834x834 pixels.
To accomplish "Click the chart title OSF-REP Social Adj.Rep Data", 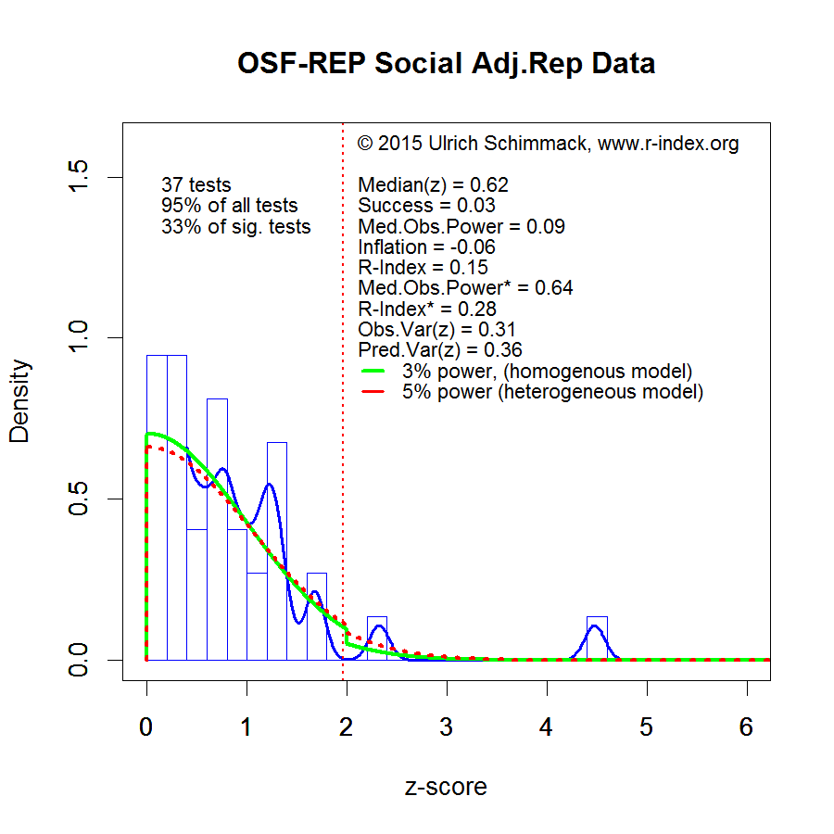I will tap(446, 64).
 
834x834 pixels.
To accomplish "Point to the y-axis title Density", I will tap(20, 400).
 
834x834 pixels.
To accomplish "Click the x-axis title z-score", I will tap(446, 788).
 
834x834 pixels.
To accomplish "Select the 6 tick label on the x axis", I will tap(747, 727).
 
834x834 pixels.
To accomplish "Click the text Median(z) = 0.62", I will tap(433, 185).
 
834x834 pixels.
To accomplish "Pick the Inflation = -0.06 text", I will tap(426, 247).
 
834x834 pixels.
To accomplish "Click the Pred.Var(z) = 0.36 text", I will tap(439, 350).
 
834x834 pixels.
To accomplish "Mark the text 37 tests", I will tap(196, 185).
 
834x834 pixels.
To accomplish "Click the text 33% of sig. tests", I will tap(235, 227).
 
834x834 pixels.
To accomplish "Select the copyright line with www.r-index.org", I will tap(548, 144).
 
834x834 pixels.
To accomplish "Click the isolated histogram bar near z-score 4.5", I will tap(597, 638).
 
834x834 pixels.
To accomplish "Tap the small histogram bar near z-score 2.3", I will tap(376, 638).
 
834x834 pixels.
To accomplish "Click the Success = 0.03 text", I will tap(426, 206).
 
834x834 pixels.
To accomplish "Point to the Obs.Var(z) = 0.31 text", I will tap(436, 330).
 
